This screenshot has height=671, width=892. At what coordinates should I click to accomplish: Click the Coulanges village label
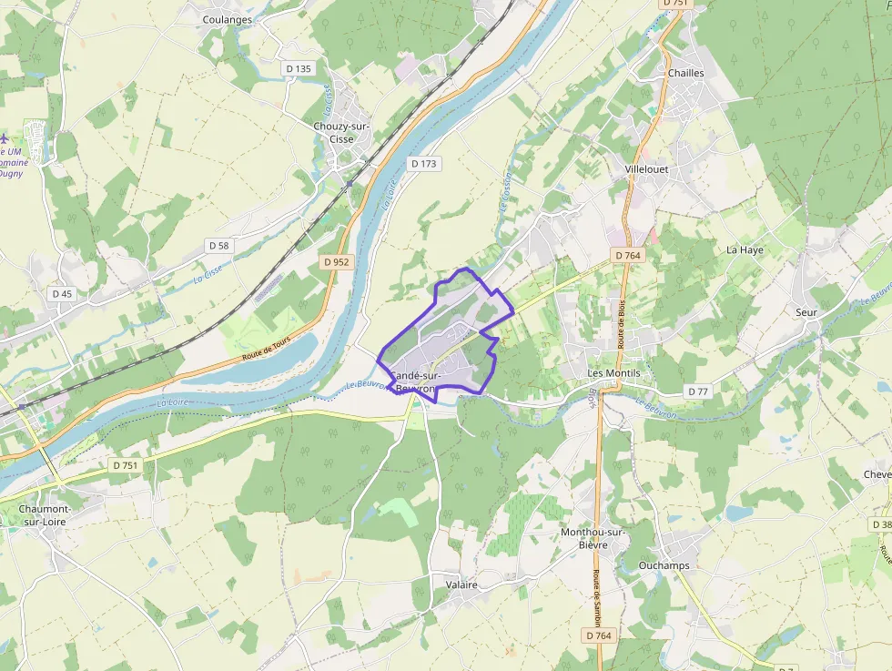pyautogui.click(x=227, y=19)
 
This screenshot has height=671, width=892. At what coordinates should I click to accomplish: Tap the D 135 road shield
pyautogui.click(x=298, y=68)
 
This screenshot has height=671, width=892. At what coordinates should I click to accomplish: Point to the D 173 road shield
pyautogui.click(x=423, y=164)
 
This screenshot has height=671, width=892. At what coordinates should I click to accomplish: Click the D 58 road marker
pyautogui.click(x=218, y=246)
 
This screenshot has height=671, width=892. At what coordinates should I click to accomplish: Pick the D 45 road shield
pyautogui.click(x=62, y=294)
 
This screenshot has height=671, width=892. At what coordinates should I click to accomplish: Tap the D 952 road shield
pyautogui.click(x=336, y=262)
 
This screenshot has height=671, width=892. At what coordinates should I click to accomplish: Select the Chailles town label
pyautogui.click(x=685, y=73)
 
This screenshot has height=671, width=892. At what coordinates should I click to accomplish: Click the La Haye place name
pyautogui.click(x=744, y=249)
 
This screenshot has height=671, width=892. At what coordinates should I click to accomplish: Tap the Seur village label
pyautogui.click(x=806, y=312)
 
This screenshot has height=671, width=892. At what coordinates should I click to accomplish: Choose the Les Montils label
pyautogui.click(x=613, y=373)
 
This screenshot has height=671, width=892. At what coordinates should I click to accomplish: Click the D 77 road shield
pyautogui.click(x=697, y=391)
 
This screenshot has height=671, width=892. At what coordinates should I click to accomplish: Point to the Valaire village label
pyautogui.click(x=461, y=585)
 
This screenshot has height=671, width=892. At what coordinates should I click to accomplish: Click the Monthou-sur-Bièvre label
pyautogui.click(x=593, y=538)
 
